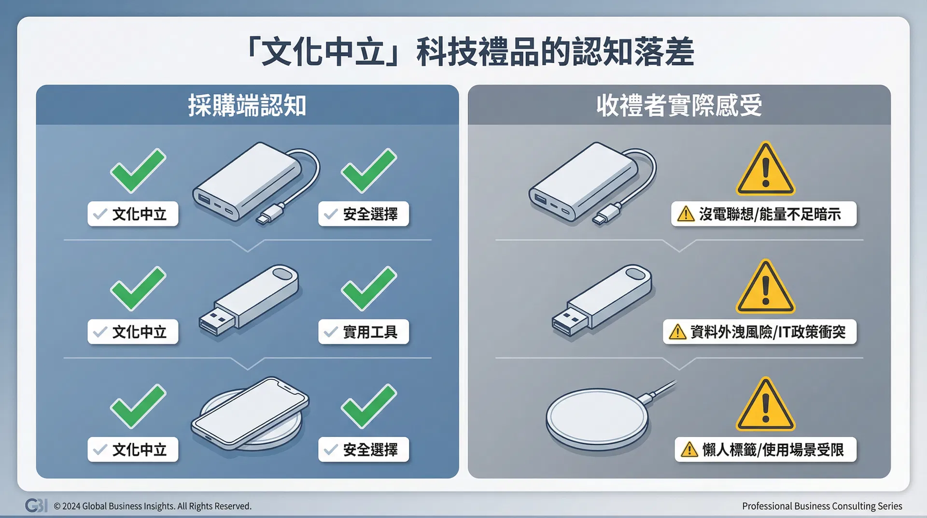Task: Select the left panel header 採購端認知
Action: pos(247,106)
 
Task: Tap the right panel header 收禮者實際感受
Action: pos(679,106)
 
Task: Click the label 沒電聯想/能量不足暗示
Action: pos(764,214)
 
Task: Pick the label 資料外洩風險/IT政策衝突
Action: pos(759,332)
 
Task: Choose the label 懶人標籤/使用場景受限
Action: pos(765,450)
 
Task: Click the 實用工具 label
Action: pos(364,332)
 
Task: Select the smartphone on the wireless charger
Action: pos(250,411)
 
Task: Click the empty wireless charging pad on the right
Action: pos(598,418)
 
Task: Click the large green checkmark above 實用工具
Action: pos(368,288)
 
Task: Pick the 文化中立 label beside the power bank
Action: pos(133,214)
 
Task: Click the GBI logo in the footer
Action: pos(36,505)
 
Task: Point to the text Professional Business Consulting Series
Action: pos(822,506)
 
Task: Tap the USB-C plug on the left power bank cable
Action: pos(270,213)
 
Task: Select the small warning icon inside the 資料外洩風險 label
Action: pos(678,332)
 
